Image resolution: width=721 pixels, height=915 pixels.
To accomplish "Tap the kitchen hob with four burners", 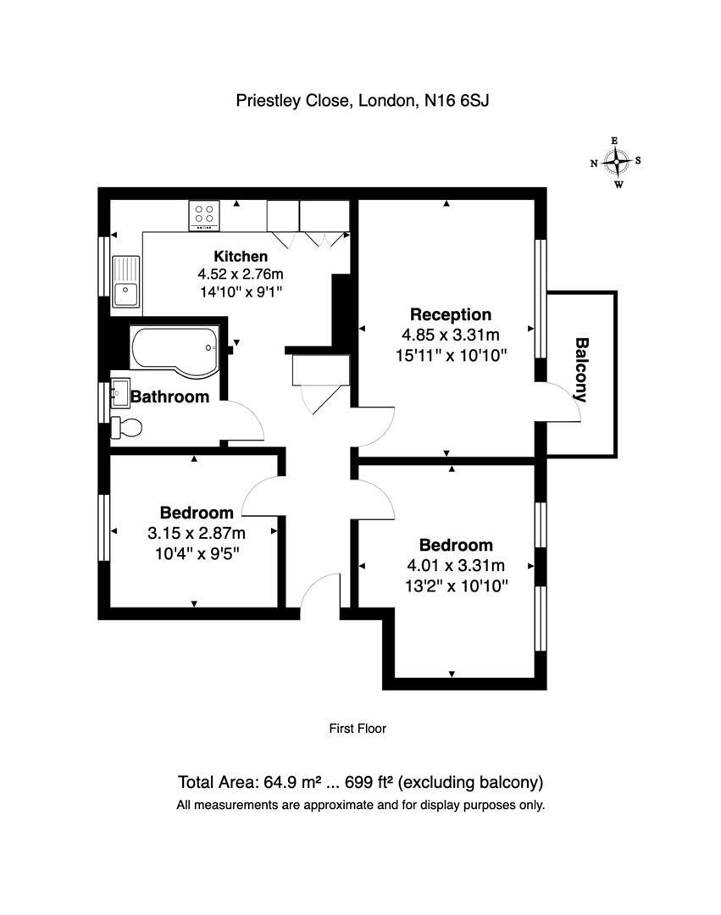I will [204, 215].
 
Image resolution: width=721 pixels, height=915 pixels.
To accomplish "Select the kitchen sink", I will [125, 282].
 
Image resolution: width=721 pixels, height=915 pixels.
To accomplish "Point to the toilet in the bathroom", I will [127, 427].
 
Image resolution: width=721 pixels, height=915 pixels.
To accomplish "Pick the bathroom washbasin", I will [120, 394].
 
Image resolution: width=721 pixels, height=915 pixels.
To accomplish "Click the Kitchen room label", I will [241, 257].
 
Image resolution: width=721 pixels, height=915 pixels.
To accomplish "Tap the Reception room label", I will [451, 314].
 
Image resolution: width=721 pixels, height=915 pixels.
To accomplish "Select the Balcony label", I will [582, 369].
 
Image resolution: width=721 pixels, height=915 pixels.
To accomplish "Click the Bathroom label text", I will [170, 396].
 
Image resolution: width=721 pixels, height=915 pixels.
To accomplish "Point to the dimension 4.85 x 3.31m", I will [451, 335].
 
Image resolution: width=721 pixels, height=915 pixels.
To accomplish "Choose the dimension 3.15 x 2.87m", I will [197, 533].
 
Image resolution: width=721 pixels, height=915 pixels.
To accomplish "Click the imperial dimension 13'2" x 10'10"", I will [457, 585].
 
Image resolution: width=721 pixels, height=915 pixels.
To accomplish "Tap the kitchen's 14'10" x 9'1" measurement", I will [241, 292].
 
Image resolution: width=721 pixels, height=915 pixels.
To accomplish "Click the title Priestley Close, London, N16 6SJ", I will [363, 101].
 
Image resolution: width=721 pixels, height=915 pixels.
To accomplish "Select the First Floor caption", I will [357, 728].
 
